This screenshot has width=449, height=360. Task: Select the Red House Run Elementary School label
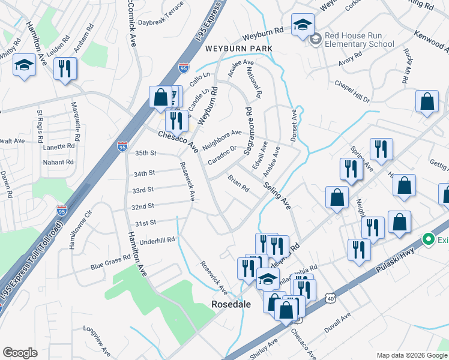point(359,40)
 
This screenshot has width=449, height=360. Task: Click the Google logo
point(20,353)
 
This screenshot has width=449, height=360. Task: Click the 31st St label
point(145,223)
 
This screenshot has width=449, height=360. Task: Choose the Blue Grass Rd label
point(110,260)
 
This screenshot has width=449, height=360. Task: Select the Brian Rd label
point(238,183)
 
